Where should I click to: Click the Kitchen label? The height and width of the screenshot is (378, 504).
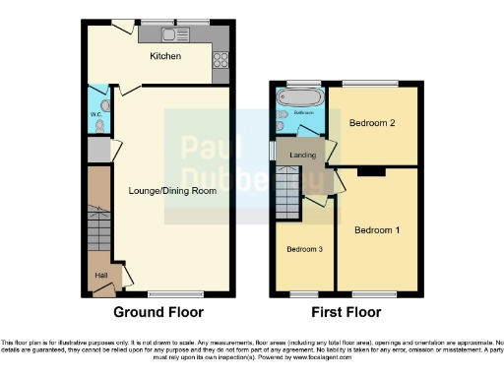(165, 56)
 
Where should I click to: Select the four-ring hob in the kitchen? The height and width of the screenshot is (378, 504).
(220, 56)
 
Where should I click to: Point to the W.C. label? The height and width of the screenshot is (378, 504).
(96, 115)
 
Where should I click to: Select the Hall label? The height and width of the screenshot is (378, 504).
(100, 276)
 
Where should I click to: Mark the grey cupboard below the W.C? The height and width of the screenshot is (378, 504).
(97, 151)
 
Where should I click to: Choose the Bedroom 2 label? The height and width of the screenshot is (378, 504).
(372, 124)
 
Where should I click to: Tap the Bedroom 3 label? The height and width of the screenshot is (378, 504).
(305, 250)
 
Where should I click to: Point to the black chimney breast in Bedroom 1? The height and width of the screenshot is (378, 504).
(371, 171)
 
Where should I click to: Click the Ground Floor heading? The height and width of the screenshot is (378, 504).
(158, 312)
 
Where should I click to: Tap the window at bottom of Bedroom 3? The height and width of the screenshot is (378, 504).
(304, 294)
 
